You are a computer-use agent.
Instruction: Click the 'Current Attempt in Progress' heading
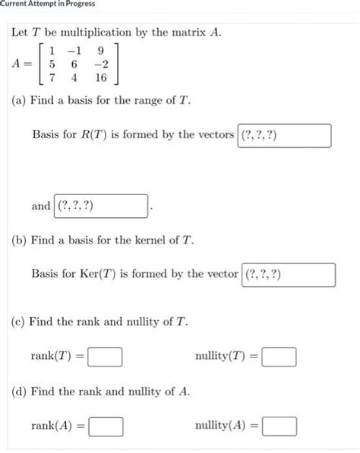click(x=47, y=5)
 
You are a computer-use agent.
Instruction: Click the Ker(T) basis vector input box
click(x=289, y=275)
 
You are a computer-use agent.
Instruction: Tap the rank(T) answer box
click(x=106, y=356)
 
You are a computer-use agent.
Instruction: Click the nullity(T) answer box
click(x=279, y=356)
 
